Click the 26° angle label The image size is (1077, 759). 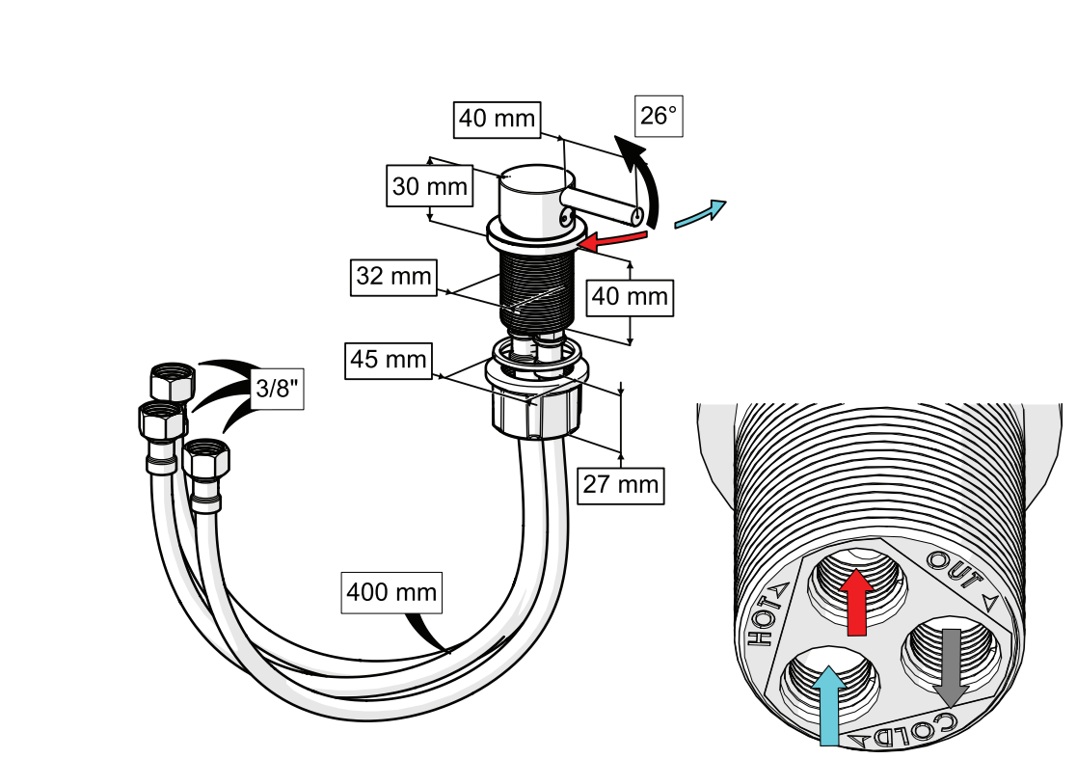pyautogui.click(x=658, y=116)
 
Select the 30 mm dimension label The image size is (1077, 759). pyautogui.click(x=429, y=185)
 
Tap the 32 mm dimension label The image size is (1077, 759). pyautogui.click(x=393, y=277)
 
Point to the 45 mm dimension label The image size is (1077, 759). pyautogui.click(x=389, y=360)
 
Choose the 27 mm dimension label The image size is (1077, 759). pyautogui.click(x=620, y=485)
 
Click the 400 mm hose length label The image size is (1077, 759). pyautogui.click(x=391, y=592)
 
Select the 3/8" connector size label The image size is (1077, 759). pyautogui.click(x=277, y=389)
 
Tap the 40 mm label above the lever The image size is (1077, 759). pyautogui.click(x=497, y=119)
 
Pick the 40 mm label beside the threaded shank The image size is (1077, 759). pyautogui.click(x=630, y=297)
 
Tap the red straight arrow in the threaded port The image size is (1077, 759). pyautogui.click(x=856, y=601)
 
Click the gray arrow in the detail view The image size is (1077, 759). pyautogui.click(x=952, y=666)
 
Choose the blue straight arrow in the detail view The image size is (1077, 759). pyautogui.click(x=829, y=705)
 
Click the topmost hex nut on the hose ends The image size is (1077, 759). pyautogui.click(x=173, y=382)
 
